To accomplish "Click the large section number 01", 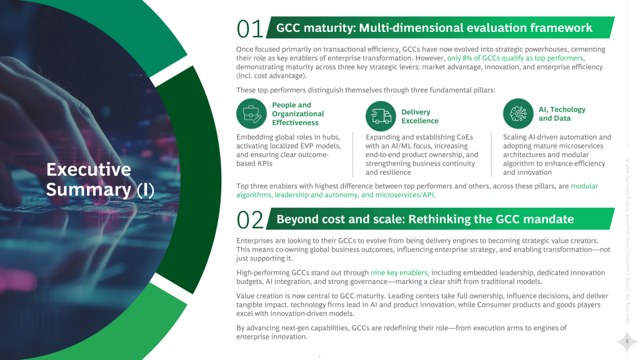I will pyautogui.click(x=249, y=29).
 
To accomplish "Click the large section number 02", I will pyautogui.click(x=249, y=220).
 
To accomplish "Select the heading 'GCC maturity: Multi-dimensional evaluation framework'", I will pyautogui.click(x=434, y=28).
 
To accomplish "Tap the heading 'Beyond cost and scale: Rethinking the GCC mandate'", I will pyautogui.click(x=425, y=219).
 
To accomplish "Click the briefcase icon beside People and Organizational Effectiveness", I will pyautogui.click(x=251, y=114).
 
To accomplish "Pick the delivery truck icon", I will pyautogui.click(x=380, y=116).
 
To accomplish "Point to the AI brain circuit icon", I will pyautogui.click(x=518, y=114).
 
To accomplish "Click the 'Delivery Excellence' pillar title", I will pyautogui.click(x=419, y=116).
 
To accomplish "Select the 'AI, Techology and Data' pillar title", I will pyautogui.click(x=561, y=114).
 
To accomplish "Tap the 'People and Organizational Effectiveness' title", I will pyautogui.click(x=298, y=114).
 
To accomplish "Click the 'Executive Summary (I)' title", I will pyautogui.click(x=100, y=179).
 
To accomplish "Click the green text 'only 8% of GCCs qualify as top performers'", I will pyautogui.click(x=515, y=58).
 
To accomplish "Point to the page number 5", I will pyautogui.click(x=626, y=341).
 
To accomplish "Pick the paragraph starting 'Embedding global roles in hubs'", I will pyautogui.click(x=288, y=150).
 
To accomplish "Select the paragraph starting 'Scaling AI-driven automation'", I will pyautogui.click(x=556, y=155).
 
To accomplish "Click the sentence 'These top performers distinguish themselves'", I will pyautogui.click(x=365, y=90).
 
